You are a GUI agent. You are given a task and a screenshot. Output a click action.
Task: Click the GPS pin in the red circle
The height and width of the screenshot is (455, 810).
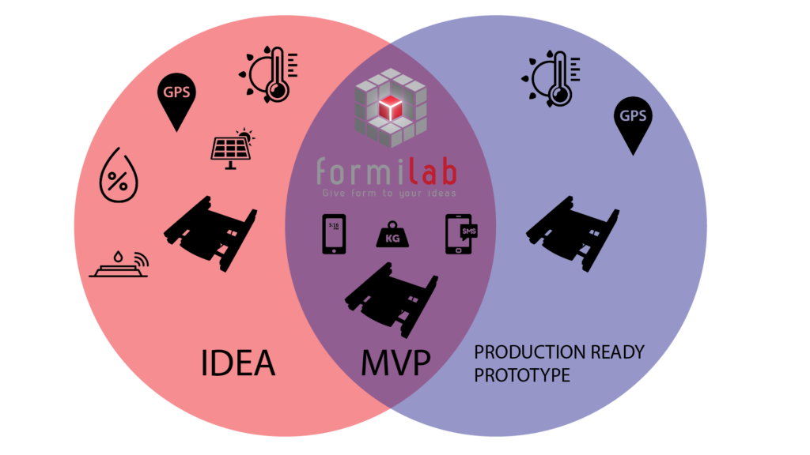(x=176, y=99)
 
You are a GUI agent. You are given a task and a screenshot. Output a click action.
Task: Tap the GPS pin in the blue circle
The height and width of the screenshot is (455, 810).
(x=633, y=123)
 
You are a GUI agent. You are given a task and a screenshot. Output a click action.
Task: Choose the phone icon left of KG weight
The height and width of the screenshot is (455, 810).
(x=334, y=234)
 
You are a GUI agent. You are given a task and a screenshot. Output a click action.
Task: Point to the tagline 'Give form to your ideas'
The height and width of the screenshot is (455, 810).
(x=388, y=192)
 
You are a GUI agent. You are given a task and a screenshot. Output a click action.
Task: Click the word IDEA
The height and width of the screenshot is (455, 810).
(x=237, y=363)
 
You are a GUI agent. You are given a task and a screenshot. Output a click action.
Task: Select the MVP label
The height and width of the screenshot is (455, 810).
(x=396, y=363)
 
